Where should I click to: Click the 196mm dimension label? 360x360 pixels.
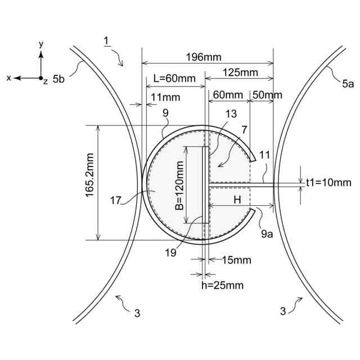point(204,57)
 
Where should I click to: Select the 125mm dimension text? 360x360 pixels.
point(240,73)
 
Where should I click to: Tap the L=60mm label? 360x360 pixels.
point(171,79)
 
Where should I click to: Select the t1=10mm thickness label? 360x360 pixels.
point(328,182)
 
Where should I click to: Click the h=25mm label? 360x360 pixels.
point(222,285)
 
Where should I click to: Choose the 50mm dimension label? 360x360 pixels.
point(267,95)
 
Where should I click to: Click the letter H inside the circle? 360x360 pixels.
point(237,199)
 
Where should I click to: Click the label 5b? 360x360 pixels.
point(58,79)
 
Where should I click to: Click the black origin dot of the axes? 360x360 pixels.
point(40,78)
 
